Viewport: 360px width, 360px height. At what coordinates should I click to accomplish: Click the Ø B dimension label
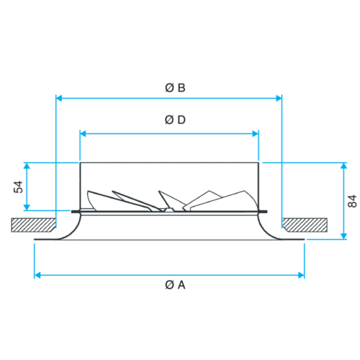(x=175, y=88)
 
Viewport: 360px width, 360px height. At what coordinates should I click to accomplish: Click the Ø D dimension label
(x=175, y=120)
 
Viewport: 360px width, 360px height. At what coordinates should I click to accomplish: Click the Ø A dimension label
(x=175, y=285)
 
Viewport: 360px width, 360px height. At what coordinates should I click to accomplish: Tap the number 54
(x=18, y=187)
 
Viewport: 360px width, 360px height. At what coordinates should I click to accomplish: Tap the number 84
(x=352, y=201)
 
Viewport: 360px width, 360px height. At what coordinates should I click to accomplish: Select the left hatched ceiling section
(x=33, y=225)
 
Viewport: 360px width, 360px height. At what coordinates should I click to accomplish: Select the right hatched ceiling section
(x=305, y=225)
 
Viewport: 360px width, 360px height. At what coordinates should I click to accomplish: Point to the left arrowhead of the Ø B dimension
(x=59, y=98)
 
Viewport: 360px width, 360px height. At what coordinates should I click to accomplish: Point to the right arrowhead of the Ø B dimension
(x=279, y=98)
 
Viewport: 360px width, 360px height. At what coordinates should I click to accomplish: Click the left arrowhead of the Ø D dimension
(x=83, y=134)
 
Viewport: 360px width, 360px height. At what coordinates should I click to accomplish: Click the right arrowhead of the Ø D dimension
(x=256, y=134)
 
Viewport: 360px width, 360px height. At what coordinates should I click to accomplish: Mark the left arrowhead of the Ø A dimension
(x=37, y=275)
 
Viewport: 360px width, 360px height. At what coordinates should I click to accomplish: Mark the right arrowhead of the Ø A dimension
(x=301, y=275)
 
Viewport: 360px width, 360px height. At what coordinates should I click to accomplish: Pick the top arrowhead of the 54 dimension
(x=27, y=166)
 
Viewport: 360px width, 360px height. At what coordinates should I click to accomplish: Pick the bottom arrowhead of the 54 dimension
(x=27, y=207)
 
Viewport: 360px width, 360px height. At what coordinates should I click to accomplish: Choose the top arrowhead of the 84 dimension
(x=344, y=166)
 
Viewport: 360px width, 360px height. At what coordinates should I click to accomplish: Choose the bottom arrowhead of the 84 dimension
(x=344, y=236)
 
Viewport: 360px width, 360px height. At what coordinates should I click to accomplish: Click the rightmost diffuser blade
(x=230, y=199)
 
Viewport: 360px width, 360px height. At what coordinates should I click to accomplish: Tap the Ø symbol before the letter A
(x=169, y=285)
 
